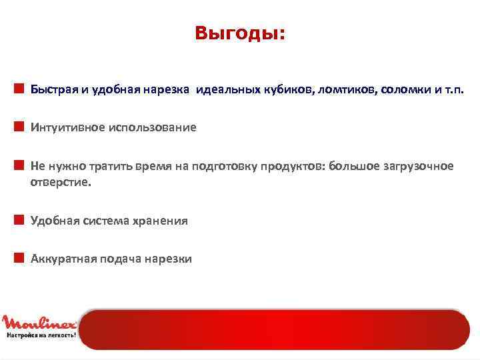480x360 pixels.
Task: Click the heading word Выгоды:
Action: [x=239, y=33]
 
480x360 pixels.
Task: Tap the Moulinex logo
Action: [x=39, y=323]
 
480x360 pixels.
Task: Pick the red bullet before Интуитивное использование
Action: [x=20, y=126]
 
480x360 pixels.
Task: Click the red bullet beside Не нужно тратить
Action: [x=20, y=164]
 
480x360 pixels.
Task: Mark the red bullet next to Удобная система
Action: [x=20, y=219]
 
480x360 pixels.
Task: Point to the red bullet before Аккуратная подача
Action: [x=20, y=257]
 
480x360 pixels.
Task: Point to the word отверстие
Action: [x=59, y=181]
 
